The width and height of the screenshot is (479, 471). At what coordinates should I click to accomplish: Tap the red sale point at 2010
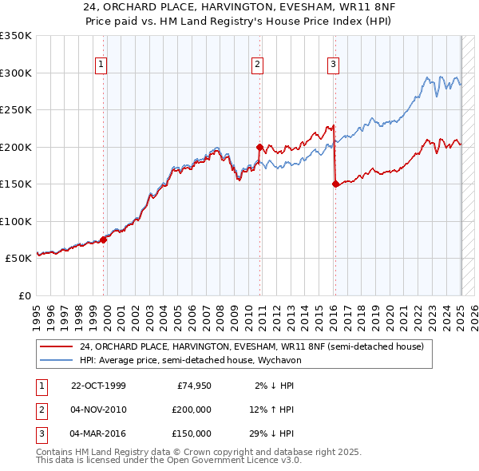coord(259,147)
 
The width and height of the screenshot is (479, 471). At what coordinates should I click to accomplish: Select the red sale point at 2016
coord(335,184)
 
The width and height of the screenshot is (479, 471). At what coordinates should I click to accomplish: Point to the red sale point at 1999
coord(104,239)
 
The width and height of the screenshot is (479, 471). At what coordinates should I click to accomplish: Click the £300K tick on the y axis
coord(15,73)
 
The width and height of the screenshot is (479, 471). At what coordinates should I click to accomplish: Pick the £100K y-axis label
coord(15,221)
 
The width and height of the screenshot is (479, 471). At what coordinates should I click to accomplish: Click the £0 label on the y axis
coord(23,295)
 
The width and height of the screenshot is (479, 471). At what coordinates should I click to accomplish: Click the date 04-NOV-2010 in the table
coord(99,410)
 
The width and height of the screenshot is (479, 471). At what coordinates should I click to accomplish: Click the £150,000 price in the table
coord(191,433)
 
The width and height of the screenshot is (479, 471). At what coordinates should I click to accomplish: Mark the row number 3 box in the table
coord(40,433)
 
